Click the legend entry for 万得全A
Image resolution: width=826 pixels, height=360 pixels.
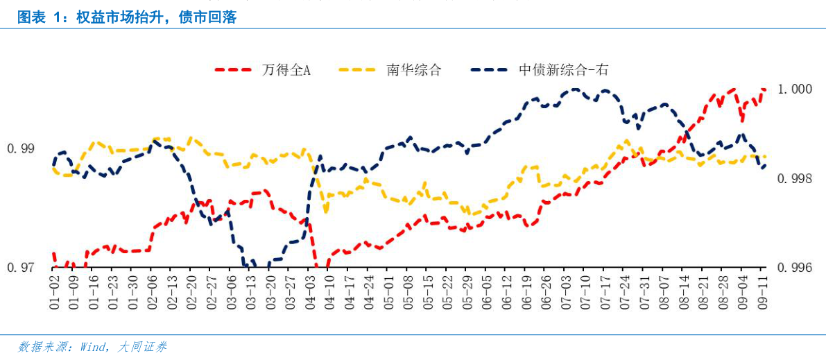286,70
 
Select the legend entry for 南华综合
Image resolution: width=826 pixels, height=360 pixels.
413,70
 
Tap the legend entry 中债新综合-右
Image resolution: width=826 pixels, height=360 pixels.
563,70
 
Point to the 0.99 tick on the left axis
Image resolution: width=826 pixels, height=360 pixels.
20,148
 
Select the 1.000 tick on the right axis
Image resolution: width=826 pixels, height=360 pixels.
792,89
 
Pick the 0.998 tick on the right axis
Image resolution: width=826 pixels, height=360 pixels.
792,179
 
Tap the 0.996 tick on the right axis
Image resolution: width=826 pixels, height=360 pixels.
792,268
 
